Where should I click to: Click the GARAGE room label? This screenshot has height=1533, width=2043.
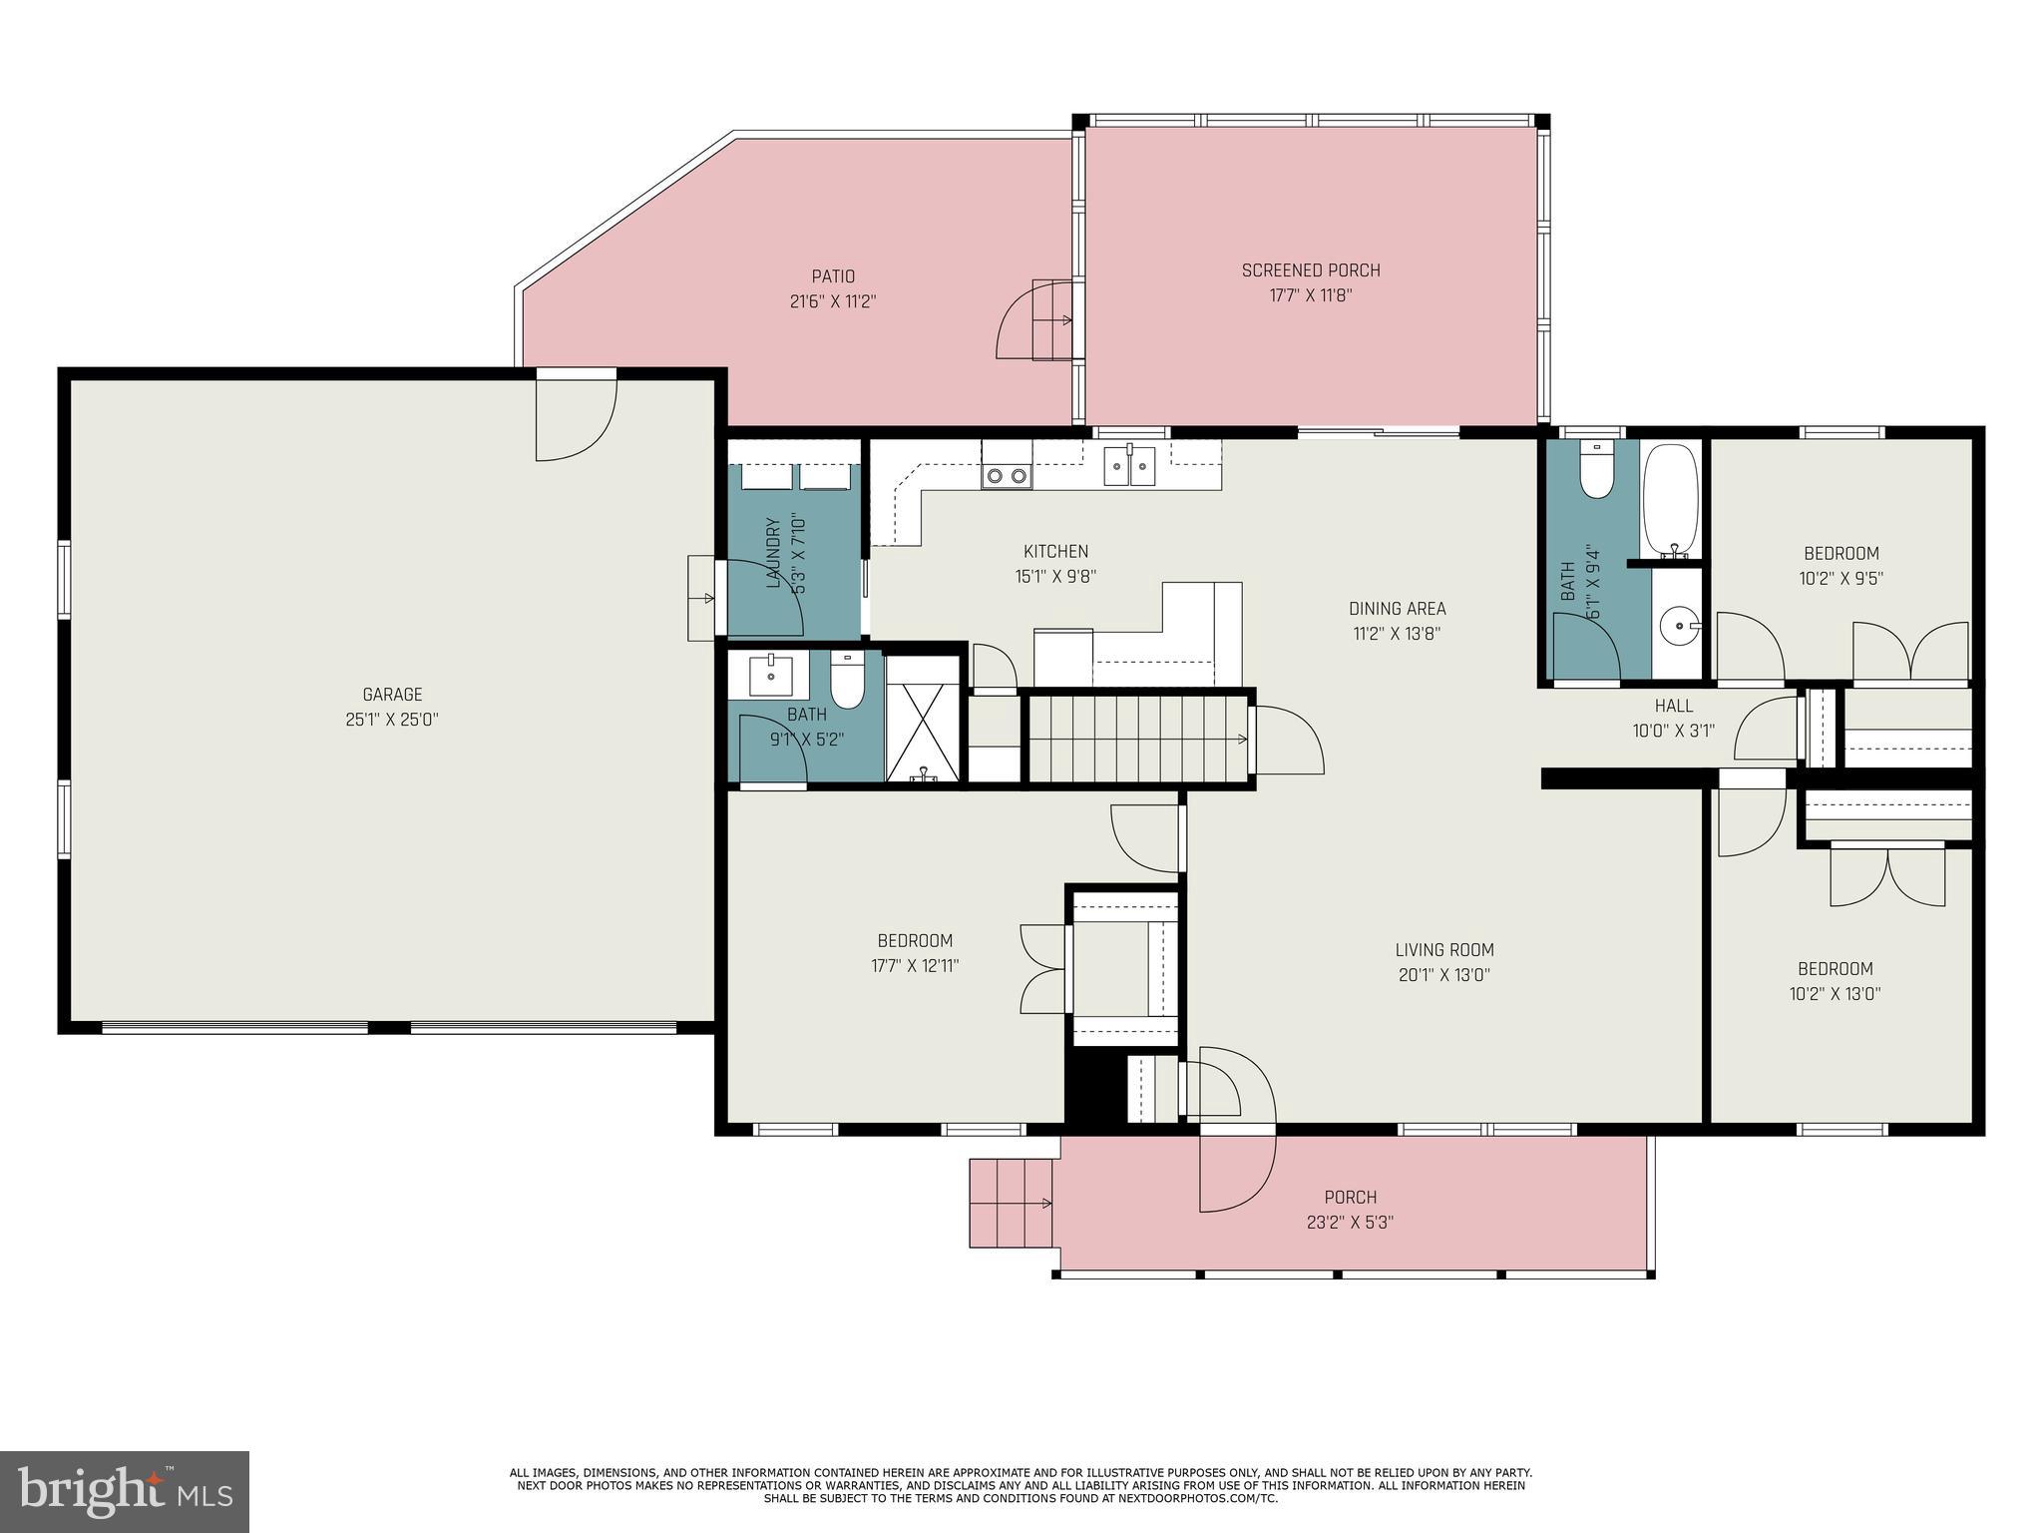coord(392,695)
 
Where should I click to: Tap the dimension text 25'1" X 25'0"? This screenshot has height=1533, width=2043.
coord(392,720)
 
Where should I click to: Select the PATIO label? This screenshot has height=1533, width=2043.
coord(833,276)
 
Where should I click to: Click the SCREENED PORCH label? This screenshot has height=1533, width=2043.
coord(1311,270)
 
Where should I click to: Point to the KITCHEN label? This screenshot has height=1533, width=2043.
coord(1055,551)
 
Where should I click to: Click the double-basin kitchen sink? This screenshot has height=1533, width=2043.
coord(1129,466)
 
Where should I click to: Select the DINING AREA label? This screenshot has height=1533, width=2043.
coord(1397,608)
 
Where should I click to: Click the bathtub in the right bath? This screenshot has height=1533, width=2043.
coord(1670,500)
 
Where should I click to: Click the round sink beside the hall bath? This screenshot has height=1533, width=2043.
coord(1679,627)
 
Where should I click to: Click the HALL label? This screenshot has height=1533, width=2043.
coord(1673,706)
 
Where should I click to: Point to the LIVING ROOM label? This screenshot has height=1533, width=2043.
coord(1444,950)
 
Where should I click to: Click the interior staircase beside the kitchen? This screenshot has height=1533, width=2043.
coord(1137,739)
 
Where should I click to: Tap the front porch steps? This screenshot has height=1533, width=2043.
coord(1012,1203)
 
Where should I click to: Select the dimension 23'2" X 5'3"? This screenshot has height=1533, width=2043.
coord(1350,1223)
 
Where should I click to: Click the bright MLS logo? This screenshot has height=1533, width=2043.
coord(125,1492)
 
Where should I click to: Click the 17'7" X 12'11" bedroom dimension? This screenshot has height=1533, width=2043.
coord(915,966)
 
